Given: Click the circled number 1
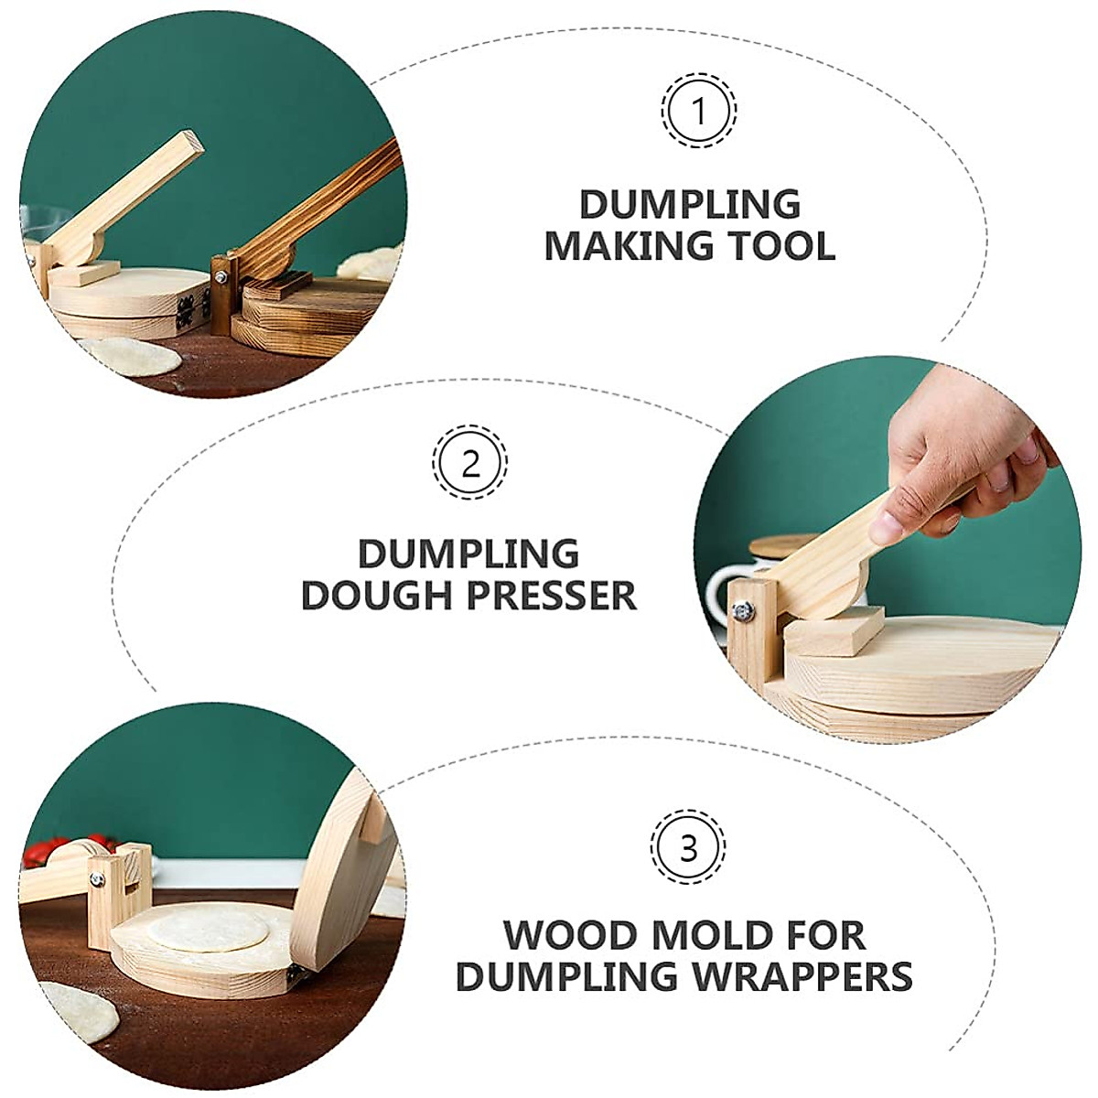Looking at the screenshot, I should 699,112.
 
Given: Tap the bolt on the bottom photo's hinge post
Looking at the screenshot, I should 94,880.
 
